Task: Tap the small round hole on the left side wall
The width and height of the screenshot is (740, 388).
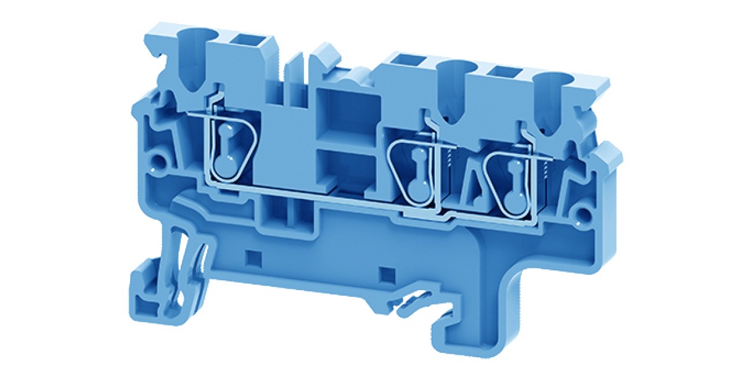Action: coord(162,164)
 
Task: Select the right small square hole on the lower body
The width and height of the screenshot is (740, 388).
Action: coord(387,272)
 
